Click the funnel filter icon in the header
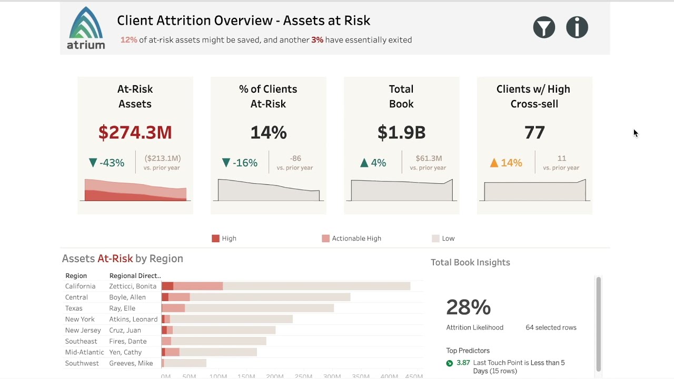(x=544, y=27)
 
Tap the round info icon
(x=577, y=27)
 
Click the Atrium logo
(x=86, y=28)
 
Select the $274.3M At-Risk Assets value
(x=135, y=133)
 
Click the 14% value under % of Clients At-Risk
(x=268, y=133)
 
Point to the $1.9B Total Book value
(x=401, y=133)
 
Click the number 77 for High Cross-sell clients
(x=534, y=133)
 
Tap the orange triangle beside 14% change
(x=494, y=163)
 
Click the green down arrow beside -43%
(x=93, y=163)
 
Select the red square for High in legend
(x=215, y=238)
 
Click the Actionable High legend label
(x=356, y=238)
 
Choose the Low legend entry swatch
(x=435, y=238)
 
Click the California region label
(x=80, y=286)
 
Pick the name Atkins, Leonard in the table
(x=133, y=320)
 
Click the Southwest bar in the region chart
(x=184, y=363)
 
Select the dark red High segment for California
(x=167, y=286)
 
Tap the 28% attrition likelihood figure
(x=468, y=307)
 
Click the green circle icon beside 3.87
(x=450, y=363)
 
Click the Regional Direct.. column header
(x=135, y=276)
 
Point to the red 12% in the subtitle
(x=128, y=40)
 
